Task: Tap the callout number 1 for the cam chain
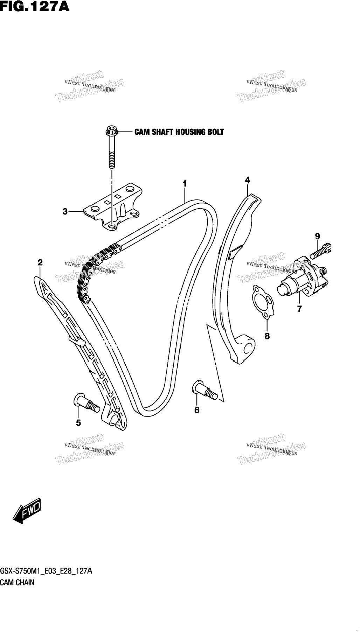click(185, 183)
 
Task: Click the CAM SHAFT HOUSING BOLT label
click(179, 132)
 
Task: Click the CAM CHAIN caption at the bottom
click(18, 582)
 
